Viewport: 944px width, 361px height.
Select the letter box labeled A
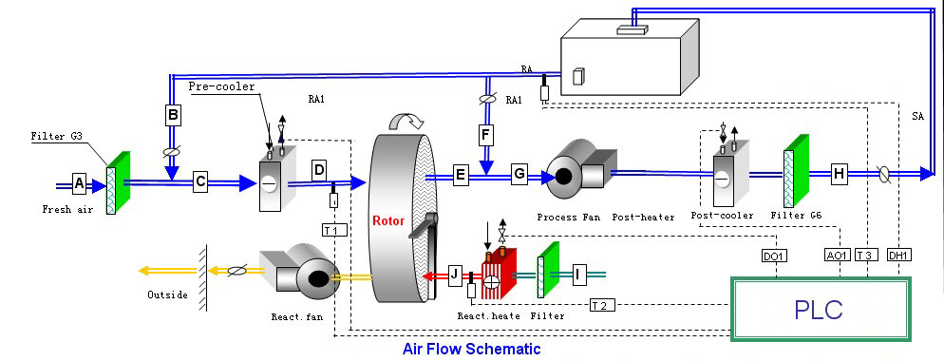(x=79, y=181)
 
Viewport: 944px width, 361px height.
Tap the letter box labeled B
(x=173, y=116)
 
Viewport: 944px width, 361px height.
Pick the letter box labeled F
(x=485, y=135)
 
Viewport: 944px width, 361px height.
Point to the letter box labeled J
(x=455, y=275)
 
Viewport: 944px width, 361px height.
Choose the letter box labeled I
(x=576, y=275)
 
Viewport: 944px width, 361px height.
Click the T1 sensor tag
(x=330, y=230)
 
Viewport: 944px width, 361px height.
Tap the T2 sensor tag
(x=598, y=304)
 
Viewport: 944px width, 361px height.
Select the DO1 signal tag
(x=774, y=255)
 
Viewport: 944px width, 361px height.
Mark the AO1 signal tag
(x=836, y=255)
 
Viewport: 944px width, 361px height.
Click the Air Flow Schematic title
(x=472, y=349)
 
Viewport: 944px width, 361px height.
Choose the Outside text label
(x=168, y=294)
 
